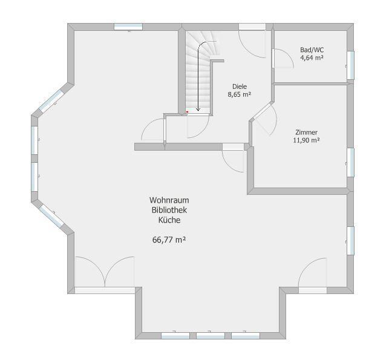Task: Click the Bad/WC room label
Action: [x=312, y=50]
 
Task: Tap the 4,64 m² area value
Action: [x=312, y=57]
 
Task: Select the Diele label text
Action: [x=240, y=87]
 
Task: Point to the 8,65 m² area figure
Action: [x=239, y=94]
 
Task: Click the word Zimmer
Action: [x=306, y=133]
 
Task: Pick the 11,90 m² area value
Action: [x=306, y=140]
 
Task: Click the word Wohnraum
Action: [x=169, y=200]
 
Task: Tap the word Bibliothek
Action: [x=169, y=210]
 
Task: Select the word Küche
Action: [x=169, y=220]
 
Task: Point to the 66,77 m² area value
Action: [x=169, y=240]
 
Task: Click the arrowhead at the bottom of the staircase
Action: [x=198, y=110]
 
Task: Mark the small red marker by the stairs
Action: [x=188, y=112]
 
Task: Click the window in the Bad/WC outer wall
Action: [x=350, y=65]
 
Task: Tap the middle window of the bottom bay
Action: [x=211, y=336]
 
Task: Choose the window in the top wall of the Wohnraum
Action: [x=128, y=27]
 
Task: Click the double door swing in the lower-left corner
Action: [x=105, y=272]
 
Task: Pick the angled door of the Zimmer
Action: [x=266, y=120]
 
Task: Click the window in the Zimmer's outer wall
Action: [x=350, y=163]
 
